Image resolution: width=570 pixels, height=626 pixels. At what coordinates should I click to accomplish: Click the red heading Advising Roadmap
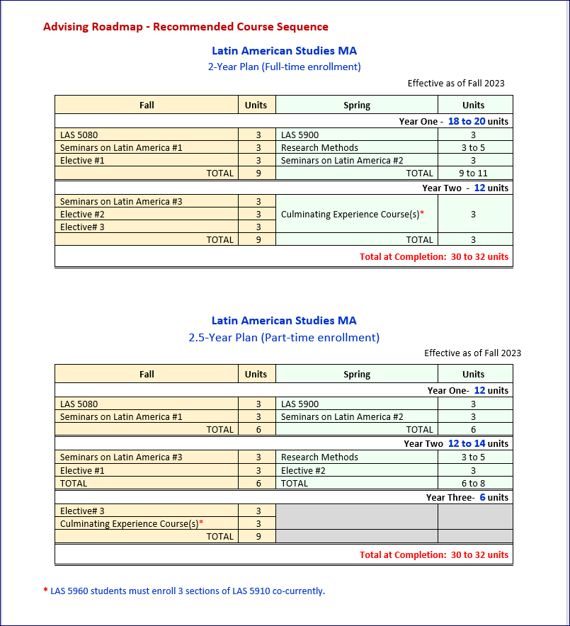(186, 27)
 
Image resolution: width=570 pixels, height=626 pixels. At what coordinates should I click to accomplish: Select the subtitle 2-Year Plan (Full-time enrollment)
(284, 67)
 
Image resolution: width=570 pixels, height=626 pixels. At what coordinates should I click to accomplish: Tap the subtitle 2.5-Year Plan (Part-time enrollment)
(284, 337)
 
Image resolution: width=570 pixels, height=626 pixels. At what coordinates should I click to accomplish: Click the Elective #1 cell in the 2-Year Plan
(82, 160)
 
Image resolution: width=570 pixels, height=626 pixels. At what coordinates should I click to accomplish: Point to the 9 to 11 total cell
(473, 173)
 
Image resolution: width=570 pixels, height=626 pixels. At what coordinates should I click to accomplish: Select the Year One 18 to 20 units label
(453, 121)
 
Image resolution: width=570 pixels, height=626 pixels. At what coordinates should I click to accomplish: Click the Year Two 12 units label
(465, 188)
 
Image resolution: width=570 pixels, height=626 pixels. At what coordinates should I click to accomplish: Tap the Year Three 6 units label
(467, 497)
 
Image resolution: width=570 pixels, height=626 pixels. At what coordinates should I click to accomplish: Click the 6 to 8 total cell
(473, 483)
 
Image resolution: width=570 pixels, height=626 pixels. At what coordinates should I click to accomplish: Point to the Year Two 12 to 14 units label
(456, 443)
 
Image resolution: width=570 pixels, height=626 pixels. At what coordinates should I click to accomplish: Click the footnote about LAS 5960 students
(184, 591)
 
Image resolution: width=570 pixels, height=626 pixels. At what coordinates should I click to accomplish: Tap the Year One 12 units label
(467, 390)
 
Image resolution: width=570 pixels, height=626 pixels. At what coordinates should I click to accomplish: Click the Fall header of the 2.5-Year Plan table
(147, 374)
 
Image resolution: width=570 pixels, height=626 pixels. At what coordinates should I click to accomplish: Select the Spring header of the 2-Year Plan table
(357, 105)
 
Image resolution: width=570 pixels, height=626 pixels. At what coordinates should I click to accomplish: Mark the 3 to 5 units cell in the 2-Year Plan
(473, 147)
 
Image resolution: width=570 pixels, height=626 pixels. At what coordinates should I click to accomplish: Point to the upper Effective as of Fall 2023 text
(456, 83)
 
